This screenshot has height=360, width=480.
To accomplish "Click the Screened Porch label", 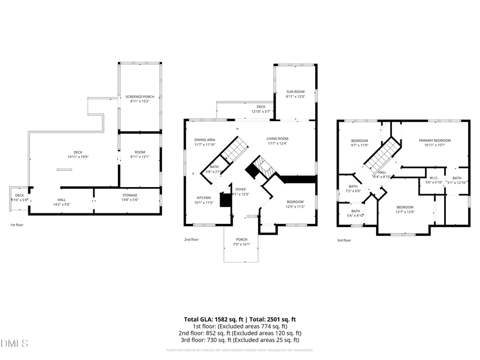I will tap(140, 97).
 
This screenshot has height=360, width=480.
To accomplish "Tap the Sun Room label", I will tap(295, 92).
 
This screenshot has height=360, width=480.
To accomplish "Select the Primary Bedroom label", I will tap(435, 140).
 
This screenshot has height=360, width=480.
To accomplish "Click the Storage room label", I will tap(126, 196).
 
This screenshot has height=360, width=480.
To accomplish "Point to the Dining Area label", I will tap(204, 140).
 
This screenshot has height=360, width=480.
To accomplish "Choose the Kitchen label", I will tap(204, 198).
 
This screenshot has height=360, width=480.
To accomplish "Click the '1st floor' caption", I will tap(17, 225).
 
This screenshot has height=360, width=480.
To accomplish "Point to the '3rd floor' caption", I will tap(344, 240).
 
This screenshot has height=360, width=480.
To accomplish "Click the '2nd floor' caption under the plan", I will tap(191, 239).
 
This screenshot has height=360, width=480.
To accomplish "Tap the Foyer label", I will tap(241, 189).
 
